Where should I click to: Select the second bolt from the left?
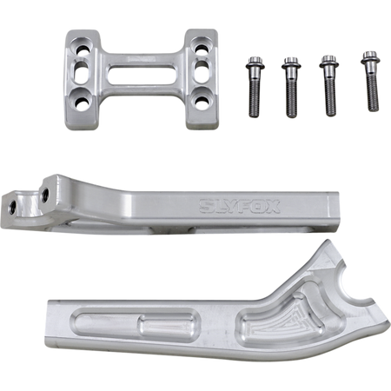tap(291, 88)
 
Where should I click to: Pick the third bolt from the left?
tap(329, 86)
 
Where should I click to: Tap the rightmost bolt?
tap(371, 82)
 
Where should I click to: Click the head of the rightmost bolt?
tap(370, 57)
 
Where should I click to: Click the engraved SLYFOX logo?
tap(240, 206)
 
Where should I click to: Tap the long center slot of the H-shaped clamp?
tap(142, 75)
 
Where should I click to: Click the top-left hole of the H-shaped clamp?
tap(82, 50)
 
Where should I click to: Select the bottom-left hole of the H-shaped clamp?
tap(82, 102)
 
